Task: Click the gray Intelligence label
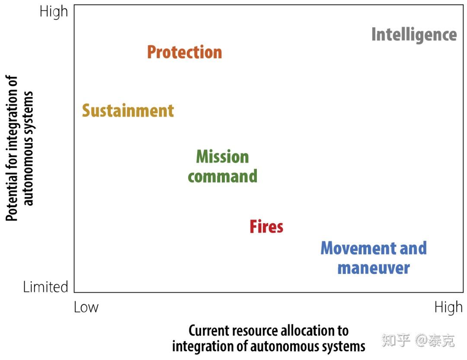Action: pyautogui.click(x=414, y=35)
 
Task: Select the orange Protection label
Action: pyautogui.click(x=185, y=52)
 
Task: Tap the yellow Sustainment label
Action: pyautogui.click(x=128, y=111)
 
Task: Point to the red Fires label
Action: pyautogui.click(x=266, y=226)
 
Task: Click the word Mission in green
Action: pyautogui.click(x=223, y=156)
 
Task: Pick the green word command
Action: pyautogui.click(x=223, y=176)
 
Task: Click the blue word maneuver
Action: pyautogui.click(x=374, y=268)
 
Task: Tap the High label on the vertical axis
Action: pyautogui.click(x=54, y=13)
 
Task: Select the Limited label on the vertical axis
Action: pyautogui.click(x=45, y=287)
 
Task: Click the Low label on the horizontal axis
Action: pyautogui.click(x=86, y=307)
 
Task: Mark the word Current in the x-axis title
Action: pyautogui.click(x=208, y=331)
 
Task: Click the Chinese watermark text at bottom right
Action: pyautogui.click(x=418, y=341)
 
